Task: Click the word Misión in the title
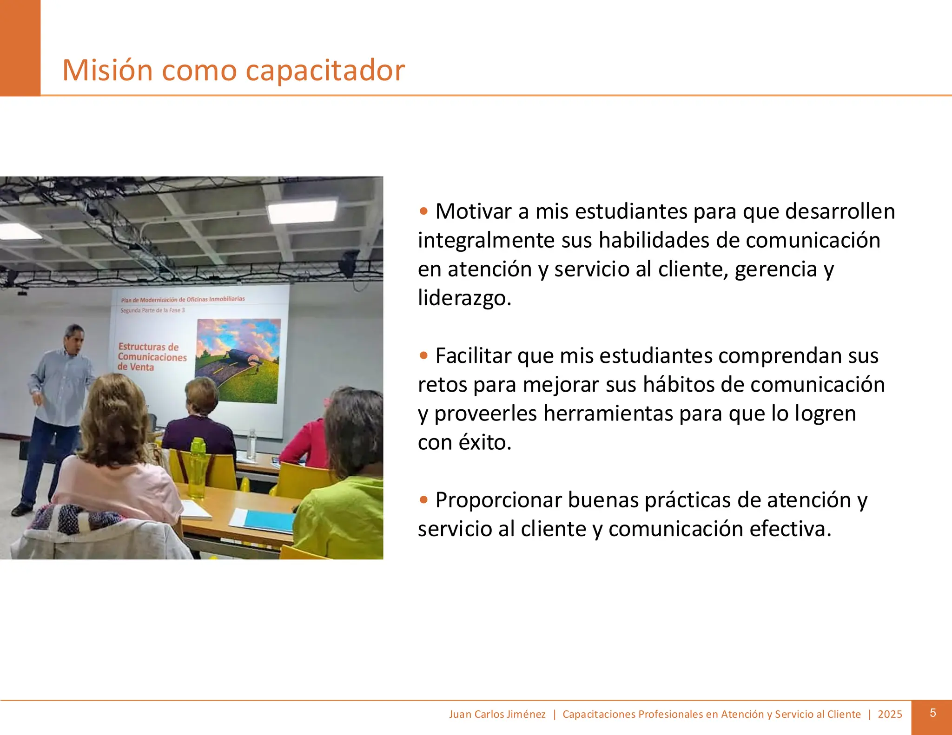107,70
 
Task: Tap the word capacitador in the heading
325,70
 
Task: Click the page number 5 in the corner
932,713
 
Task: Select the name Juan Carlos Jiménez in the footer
497,715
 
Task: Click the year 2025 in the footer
890,715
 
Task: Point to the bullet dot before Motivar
423,211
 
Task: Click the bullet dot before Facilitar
423,356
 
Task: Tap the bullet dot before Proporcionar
423,500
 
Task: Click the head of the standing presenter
74,338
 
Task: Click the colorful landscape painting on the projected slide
238,361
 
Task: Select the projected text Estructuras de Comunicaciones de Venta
152,357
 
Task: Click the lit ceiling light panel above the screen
302,212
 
